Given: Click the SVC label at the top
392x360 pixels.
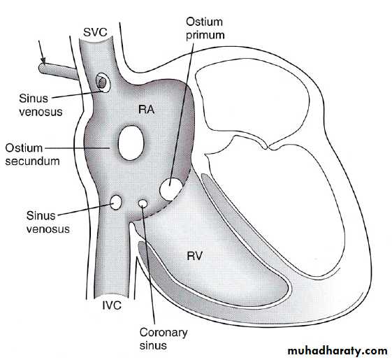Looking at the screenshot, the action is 95,32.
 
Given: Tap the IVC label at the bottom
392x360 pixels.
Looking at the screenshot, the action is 112,305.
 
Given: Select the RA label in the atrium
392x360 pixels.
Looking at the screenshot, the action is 147,110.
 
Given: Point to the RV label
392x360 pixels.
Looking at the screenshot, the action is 194,256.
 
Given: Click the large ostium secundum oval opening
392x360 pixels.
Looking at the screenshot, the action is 131,143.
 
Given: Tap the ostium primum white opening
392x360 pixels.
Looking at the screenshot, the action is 171,189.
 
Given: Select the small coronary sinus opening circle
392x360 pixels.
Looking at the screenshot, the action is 143,203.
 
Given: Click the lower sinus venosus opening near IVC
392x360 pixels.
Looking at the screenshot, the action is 116,203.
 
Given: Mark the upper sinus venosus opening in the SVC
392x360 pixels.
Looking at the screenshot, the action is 103,82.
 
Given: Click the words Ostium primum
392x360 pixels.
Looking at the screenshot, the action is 205,28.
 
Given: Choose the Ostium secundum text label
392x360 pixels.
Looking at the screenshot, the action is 32,154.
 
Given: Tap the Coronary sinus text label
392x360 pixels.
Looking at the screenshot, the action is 164,339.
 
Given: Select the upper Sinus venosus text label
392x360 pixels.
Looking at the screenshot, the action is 41,105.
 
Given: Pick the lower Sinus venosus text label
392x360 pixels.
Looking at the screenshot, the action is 48,222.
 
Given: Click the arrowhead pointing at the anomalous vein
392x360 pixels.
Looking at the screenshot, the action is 44,61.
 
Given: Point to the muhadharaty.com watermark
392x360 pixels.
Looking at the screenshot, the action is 337,351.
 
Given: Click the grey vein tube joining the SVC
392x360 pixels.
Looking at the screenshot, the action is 59,71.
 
